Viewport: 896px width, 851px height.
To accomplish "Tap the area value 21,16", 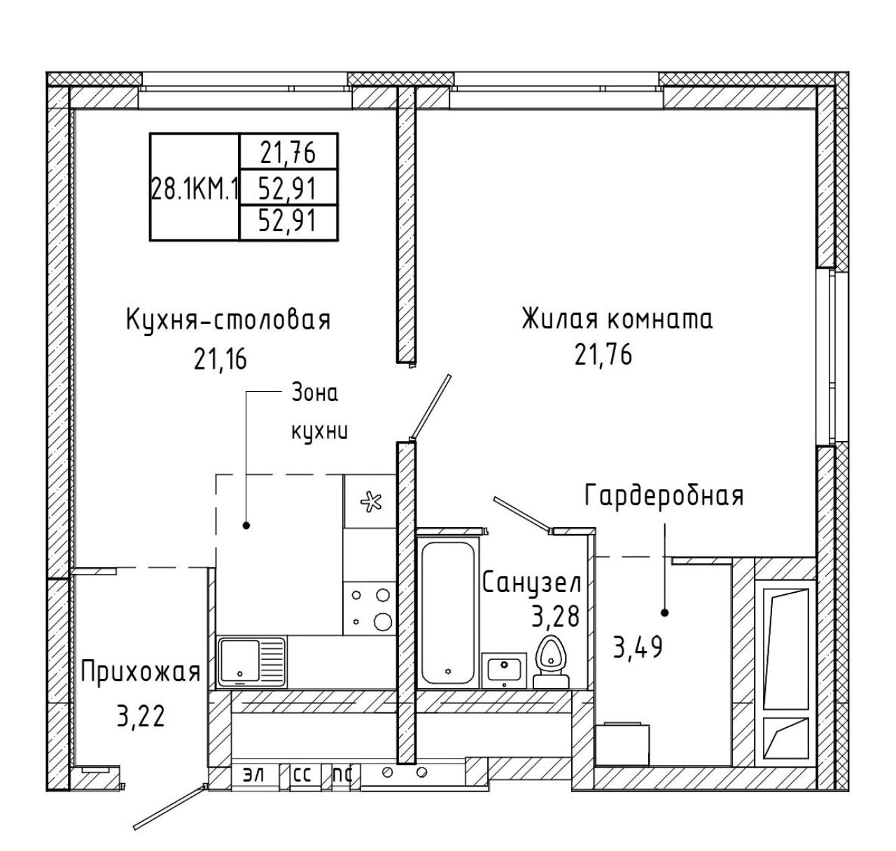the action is (x=220, y=359).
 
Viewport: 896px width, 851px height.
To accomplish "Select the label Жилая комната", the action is (x=617, y=319).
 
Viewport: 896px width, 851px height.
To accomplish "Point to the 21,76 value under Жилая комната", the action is (x=603, y=355).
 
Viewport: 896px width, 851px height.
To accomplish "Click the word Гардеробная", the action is (x=664, y=495).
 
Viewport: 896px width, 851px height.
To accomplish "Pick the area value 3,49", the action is (x=638, y=647).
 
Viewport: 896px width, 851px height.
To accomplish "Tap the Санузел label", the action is (x=532, y=583).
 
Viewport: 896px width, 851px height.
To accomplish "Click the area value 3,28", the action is (x=555, y=618).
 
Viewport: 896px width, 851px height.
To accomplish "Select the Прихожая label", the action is (x=141, y=673).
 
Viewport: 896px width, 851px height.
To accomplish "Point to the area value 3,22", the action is (x=141, y=717).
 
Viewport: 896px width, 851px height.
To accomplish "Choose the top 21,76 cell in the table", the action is (x=288, y=153).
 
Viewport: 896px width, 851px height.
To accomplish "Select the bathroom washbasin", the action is (x=504, y=669).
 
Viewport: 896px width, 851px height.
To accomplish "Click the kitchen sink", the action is (x=252, y=662).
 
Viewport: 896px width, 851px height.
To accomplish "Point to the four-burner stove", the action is (x=369, y=608).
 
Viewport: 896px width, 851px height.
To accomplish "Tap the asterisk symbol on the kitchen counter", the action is (x=371, y=502).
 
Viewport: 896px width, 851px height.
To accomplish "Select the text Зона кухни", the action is (x=319, y=412).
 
